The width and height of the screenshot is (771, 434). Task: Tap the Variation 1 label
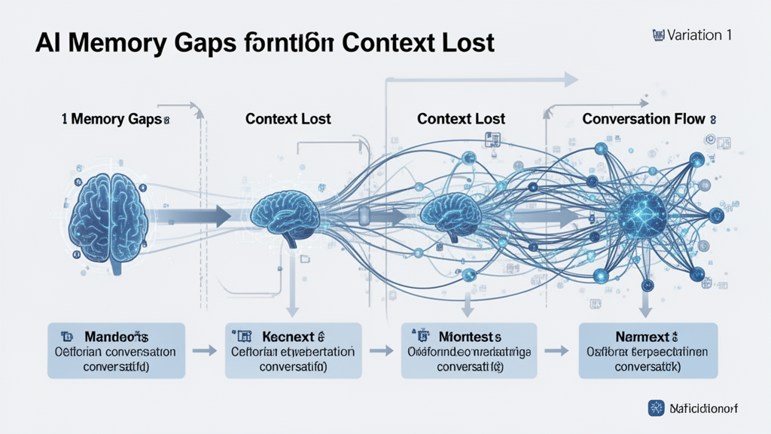click(693, 34)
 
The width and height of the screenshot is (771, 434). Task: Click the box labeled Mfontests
click(468, 350)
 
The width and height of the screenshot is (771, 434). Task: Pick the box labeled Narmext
click(646, 350)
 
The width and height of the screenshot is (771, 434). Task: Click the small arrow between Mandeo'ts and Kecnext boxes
click(204, 350)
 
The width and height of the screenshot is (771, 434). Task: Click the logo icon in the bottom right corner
click(656, 408)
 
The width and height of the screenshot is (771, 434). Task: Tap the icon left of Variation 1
click(657, 34)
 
